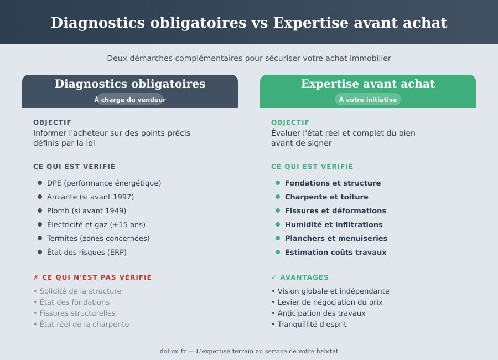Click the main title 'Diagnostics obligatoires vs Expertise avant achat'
pyautogui.click(x=249, y=23)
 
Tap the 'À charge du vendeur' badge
pyautogui.click(x=130, y=100)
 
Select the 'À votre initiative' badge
pyautogui.click(x=368, y=100)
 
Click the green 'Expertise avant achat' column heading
pyautogui.click(x=368, y=84)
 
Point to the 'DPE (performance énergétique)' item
pyautogui.click(x=104, y=183)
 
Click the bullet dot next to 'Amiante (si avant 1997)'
pyautogui.click(x=40, y=197)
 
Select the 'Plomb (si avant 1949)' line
pyautogui.click(x=86, y=210)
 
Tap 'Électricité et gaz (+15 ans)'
pyautogui.click(x=96, y=224)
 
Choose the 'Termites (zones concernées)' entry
pyautogui.click(x=98, y=238)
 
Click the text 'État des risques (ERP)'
pyautogui.click(x=87, y=252)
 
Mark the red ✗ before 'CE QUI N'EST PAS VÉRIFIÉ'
pyautogui.click(x=36, y=277)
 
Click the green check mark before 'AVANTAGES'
pyautogui.click(x=274, y=277)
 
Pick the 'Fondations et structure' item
pyautogui.click(x=333, y=183)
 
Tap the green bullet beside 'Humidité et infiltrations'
pyautogui.click(x=278, y=224)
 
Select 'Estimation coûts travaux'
pyautogui.click(x=335, y=252)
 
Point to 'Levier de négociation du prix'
pyautogui.click(x=330, y=302)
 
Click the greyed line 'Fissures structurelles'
pyautogui.click(x=77, y=313)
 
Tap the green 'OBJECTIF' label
pyautogui.click(x=290, y=122)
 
